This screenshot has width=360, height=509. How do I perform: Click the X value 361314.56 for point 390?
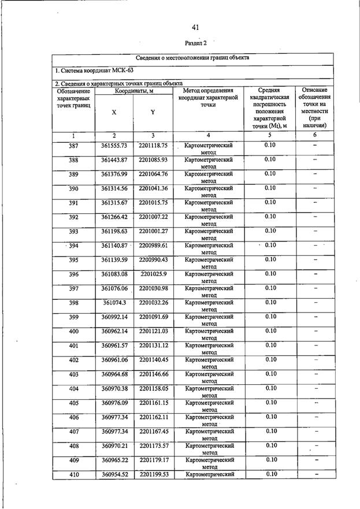click(114, 188)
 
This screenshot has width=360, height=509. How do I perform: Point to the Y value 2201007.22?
click(153, 217)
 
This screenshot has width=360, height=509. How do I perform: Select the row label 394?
click(73, 246)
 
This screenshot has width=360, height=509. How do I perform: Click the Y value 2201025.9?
click(153, 274)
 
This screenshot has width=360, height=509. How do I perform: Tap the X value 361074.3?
click(114, 303)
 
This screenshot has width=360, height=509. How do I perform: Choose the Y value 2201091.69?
click(153, 317)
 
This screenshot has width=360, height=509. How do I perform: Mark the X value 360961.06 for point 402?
click(114, 360)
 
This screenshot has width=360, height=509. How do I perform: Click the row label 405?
click(73, 403)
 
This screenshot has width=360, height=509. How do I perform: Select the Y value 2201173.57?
click(153, 446)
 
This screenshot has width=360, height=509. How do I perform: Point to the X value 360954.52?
click(114, 474)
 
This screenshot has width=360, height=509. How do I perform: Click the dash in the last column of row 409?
click(316, 460)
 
